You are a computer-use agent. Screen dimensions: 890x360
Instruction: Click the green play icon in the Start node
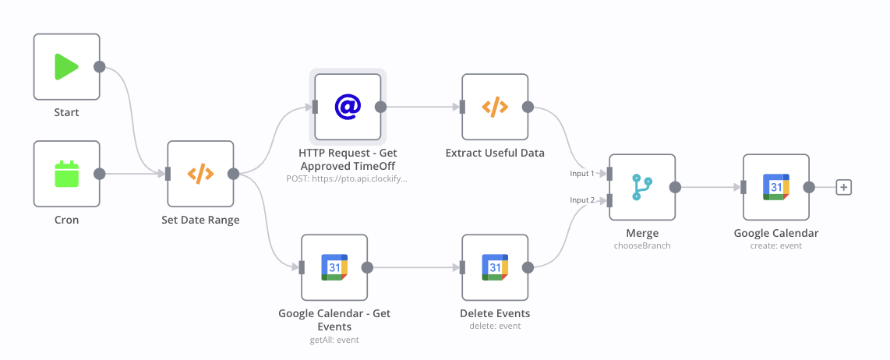[65, 66]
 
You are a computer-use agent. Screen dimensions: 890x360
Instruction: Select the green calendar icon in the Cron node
[66, 174]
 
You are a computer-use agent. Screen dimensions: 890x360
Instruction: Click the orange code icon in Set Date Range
[200, 174]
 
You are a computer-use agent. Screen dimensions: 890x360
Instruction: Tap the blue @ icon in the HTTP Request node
[348, 107]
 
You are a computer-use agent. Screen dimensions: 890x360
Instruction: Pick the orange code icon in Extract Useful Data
[495, 107]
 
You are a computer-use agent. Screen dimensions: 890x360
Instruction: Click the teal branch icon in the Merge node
[642, 187]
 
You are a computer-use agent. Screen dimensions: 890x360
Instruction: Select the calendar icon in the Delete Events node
[495, 267]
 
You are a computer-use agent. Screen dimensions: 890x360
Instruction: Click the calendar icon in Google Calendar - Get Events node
[334, 267]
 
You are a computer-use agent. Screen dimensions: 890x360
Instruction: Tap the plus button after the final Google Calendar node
[844, 187]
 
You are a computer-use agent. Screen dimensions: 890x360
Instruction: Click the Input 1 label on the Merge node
[582, 173]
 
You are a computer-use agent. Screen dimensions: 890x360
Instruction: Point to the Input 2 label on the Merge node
[582, 200]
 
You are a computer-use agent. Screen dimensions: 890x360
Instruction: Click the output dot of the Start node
[99, 66]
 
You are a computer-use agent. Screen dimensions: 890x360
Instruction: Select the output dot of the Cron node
[99, 174]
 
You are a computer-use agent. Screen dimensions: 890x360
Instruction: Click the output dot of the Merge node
[676, 187]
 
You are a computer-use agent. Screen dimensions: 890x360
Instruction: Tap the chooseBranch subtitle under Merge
[642, 246]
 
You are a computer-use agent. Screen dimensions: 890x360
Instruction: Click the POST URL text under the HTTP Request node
[348, 178]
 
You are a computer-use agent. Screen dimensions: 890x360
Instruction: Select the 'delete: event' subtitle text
[495, 326]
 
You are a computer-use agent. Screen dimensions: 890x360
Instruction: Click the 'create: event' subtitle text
[776, 246]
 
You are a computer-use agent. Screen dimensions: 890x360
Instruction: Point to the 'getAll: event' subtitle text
[334, 340]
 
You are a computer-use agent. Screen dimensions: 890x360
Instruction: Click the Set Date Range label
[200, 220]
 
